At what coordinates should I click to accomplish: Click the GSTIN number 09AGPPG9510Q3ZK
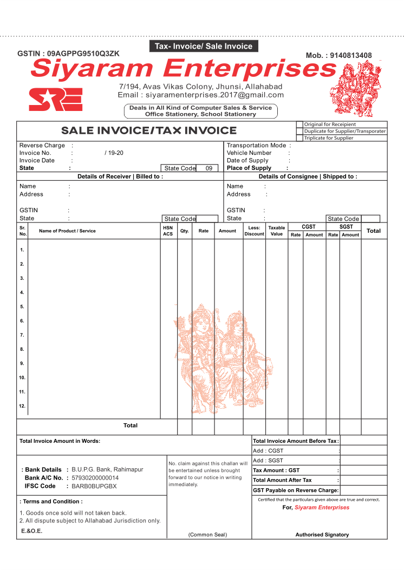click(83, 54)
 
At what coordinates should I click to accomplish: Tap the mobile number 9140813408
click(350, 55)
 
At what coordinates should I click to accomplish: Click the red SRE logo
click(56, 99)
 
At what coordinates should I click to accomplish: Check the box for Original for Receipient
click(299, 125)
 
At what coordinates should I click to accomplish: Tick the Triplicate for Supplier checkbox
click(299, 137)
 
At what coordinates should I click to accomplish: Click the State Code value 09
click(209, 168)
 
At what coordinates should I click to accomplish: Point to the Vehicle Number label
click(249, 153)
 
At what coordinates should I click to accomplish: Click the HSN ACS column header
click(168, 231)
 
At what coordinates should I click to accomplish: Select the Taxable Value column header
click(277, 231)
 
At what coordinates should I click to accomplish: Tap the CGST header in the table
click(309, 227)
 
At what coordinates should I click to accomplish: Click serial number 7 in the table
click(22, 335)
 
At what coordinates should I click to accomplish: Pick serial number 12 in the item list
click(22, 406)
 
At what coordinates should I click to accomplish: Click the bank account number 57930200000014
click(95, 478)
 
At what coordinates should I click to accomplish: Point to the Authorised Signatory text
click(322, 534)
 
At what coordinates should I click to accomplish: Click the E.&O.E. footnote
click(31, 531)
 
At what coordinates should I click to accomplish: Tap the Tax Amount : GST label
click(276, 470)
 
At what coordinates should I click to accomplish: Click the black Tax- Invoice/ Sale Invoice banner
click(204, 47)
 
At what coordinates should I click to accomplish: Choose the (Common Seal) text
click(207, 534)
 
